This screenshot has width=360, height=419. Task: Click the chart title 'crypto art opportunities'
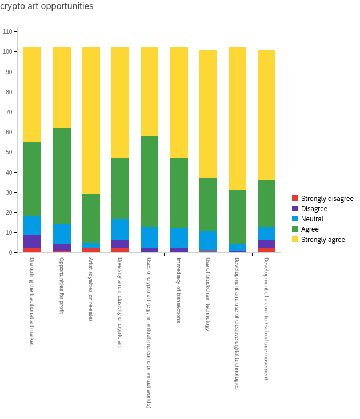pyautogui.click(x=47, y=6)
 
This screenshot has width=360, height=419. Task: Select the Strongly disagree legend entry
pyautogui.click(x=327, y=199)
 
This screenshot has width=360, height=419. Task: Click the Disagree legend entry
pyautogui.click(x=314, y=209)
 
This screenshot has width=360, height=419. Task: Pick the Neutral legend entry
pyautogui.click(x=312, y=219)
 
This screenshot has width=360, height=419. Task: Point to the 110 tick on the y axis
pyautogui.click(x=7, y=31)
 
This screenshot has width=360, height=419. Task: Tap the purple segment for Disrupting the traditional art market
pyautogui.click(x=33, y=241)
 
